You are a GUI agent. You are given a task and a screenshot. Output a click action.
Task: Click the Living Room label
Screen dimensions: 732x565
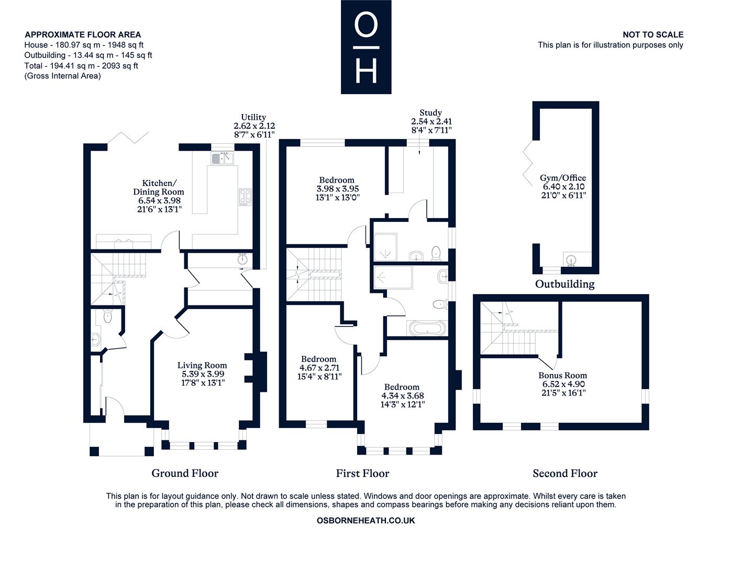tap(202, 365)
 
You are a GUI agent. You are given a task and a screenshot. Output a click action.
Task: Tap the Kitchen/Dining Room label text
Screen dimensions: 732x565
tap(158, 187)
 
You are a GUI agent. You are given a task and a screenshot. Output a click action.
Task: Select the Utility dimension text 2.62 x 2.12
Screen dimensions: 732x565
tap(254, 126)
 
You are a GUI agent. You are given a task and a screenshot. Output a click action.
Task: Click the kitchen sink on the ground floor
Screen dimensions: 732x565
tap(222, 158)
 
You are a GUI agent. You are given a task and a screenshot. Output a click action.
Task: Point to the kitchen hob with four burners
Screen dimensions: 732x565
tap(245, 197)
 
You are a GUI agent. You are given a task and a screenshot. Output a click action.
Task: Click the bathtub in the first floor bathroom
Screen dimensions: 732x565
tap(427, 328)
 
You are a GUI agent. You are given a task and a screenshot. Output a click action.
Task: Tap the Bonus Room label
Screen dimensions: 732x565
tap(562, 375)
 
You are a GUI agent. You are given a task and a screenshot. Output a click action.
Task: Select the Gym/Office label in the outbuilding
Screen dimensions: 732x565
tap(562, 178)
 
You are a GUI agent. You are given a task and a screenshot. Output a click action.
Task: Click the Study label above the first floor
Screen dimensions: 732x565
tap(430, 112)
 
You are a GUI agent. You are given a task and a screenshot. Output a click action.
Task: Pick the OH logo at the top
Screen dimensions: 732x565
tap(366, 47)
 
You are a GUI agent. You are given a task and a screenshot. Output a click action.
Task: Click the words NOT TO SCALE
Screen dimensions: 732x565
tap(653, 35)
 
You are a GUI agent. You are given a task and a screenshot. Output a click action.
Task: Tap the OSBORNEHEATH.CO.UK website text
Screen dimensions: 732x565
tap(365, 521)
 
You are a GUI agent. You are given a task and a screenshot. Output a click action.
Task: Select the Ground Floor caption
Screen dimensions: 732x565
tap(185, 473)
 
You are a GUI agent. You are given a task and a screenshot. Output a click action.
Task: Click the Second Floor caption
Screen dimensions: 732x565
tap(565, 473)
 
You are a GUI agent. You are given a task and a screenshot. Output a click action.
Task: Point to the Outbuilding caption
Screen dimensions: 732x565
tap(564, 284)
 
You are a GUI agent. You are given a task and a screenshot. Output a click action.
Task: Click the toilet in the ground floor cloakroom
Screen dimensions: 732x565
tap(107, 317)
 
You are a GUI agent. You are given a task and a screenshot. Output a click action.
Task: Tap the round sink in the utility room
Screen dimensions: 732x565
tap(242, 259)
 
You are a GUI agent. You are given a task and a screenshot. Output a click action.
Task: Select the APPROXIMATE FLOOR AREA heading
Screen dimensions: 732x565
tap(83, 35)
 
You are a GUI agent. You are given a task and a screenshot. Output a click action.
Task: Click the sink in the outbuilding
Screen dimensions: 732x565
tap(571, 261)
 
